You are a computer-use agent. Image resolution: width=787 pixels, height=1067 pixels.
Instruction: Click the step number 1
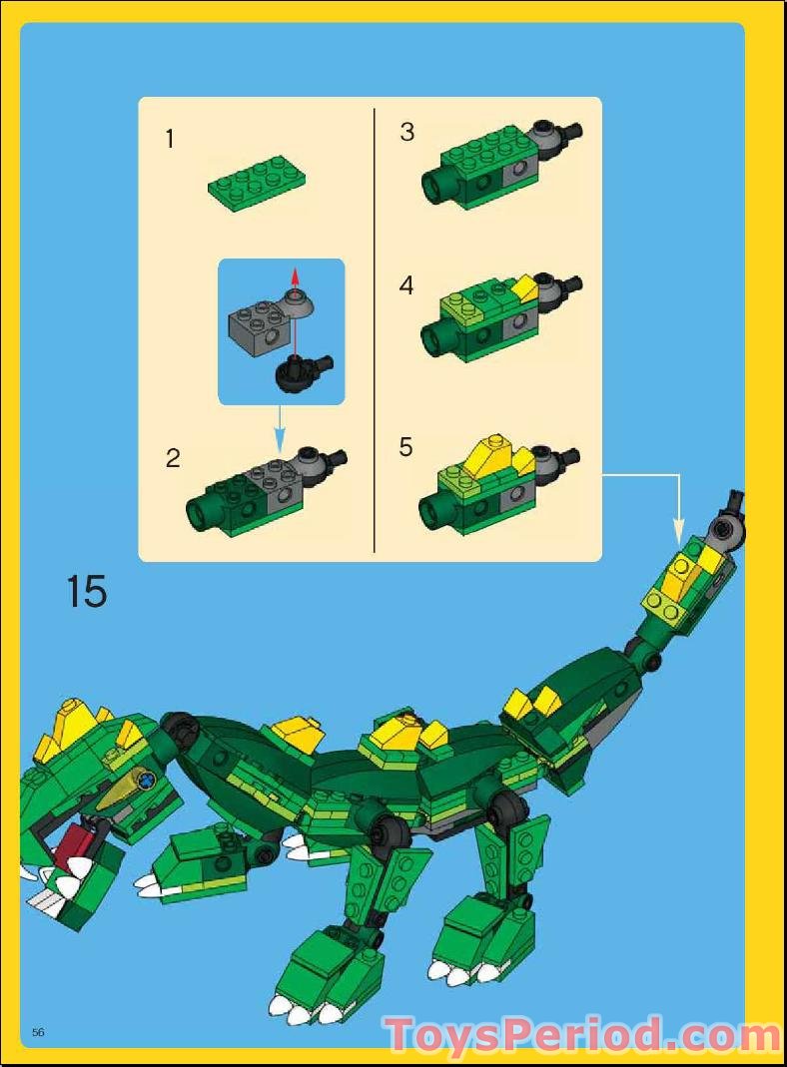(x=170, y=139)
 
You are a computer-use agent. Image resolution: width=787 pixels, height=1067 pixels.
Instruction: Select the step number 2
(x=173, y=458)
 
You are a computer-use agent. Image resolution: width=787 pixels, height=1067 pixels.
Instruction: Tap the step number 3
(x=406, y=132)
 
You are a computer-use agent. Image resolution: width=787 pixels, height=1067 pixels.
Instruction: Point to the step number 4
(x=406, y=285)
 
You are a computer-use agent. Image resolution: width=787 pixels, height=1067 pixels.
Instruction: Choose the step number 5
(x=405, y=447)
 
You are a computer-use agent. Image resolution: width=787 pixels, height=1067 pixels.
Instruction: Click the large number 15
(x=87, y=592)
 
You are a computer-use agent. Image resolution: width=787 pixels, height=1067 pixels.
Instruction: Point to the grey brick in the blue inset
(x=260, y=321)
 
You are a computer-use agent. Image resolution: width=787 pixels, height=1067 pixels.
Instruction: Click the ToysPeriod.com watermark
(x=584, y=1036)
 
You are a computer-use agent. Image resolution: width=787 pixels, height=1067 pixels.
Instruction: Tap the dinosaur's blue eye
(x=148, y=780)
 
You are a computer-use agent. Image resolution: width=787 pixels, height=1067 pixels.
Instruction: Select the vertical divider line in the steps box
(x=374, y=329)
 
